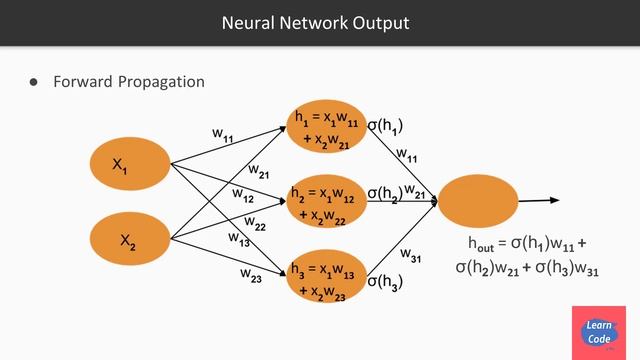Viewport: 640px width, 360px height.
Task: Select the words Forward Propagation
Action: tap(129, 82)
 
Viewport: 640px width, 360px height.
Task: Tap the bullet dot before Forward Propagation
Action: tap(33, 82)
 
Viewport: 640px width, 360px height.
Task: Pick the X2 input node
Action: tap(129, 240)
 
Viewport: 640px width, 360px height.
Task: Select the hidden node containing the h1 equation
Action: tap(327, 128)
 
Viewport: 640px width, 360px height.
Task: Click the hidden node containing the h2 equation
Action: tap(326, 199)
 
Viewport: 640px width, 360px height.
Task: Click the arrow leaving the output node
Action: tap(540, 201)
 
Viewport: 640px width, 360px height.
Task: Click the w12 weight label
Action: tap(243, 195)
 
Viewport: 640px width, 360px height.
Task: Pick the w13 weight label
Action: tap(238, 239)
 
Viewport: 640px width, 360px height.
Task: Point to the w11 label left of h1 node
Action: tap(223, 133)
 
